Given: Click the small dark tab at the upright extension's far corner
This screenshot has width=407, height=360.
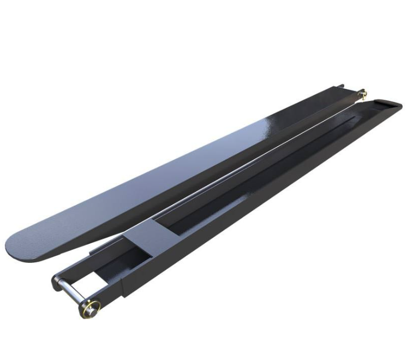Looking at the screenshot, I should (x=341, y=86).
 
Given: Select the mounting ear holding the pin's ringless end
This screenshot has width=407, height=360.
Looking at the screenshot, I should (x=57, y=282).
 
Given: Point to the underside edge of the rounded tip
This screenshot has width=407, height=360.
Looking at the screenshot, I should (x=33, y=260).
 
